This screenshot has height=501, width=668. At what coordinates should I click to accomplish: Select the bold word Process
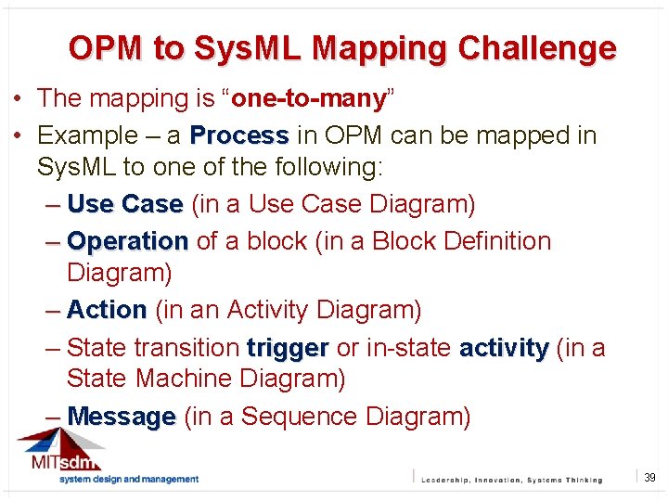tap(239, 135)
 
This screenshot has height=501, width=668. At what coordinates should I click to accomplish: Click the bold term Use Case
tap(125, 204)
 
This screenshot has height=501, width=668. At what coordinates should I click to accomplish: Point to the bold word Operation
tap(128, 241)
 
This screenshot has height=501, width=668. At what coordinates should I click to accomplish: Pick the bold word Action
tap(107, 310)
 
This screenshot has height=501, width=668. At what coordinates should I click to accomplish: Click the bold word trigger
tap(288, 348)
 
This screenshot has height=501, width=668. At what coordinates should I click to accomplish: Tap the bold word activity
tap(504, 348)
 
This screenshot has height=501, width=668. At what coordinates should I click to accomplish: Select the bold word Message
tap(122, 417)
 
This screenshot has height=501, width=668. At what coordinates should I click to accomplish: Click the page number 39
tap(649, 478)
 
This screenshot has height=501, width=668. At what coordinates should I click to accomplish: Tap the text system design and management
tap(129, 479)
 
